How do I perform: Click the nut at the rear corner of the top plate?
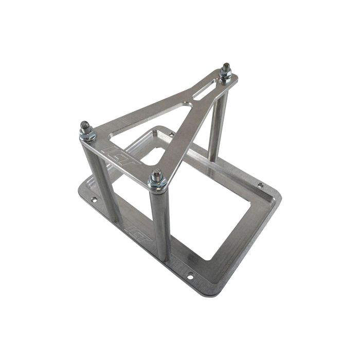pyautogui.click(x=225, y=75)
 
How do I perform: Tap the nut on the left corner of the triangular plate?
pyautogui.click(x=85, y=134)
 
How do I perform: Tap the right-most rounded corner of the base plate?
pyautogui.click(x=280, y=198)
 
